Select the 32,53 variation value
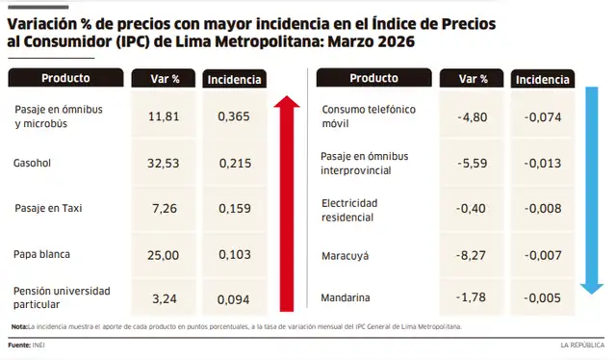coord(166,165)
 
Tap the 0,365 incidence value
coord(234,116)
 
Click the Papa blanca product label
coord(44,254)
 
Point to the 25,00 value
coord(166,254)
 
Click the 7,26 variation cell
coord(166,208)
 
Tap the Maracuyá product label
coord(345,257)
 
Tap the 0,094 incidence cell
coord(234,297)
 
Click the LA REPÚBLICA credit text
coord(583,344)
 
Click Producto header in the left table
coord(65,78)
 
